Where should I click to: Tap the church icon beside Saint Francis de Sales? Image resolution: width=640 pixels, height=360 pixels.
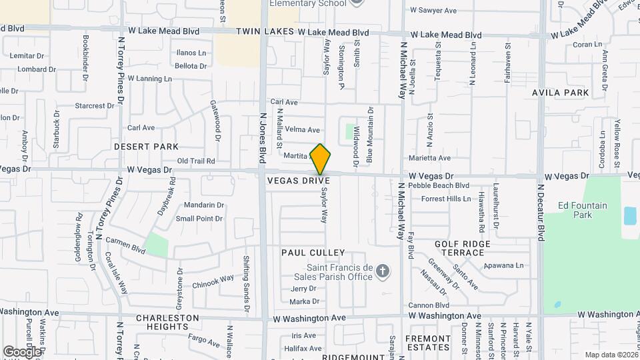point(382,271)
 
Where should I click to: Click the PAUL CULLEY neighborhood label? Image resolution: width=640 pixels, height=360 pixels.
point(313,253)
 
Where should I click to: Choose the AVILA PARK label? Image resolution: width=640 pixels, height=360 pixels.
point(561,93)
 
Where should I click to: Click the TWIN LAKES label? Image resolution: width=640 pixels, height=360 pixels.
point(265,32)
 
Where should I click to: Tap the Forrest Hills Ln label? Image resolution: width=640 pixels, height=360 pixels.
point(446,199)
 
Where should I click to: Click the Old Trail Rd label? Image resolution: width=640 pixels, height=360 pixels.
point(196,161)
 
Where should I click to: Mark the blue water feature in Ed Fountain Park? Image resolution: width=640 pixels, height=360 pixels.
point(629,216)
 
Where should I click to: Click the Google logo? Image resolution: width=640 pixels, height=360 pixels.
point(21,351)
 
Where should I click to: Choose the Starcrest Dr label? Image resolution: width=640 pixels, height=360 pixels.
point(94,105)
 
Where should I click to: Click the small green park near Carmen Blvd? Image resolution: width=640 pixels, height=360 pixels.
point(157,244)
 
